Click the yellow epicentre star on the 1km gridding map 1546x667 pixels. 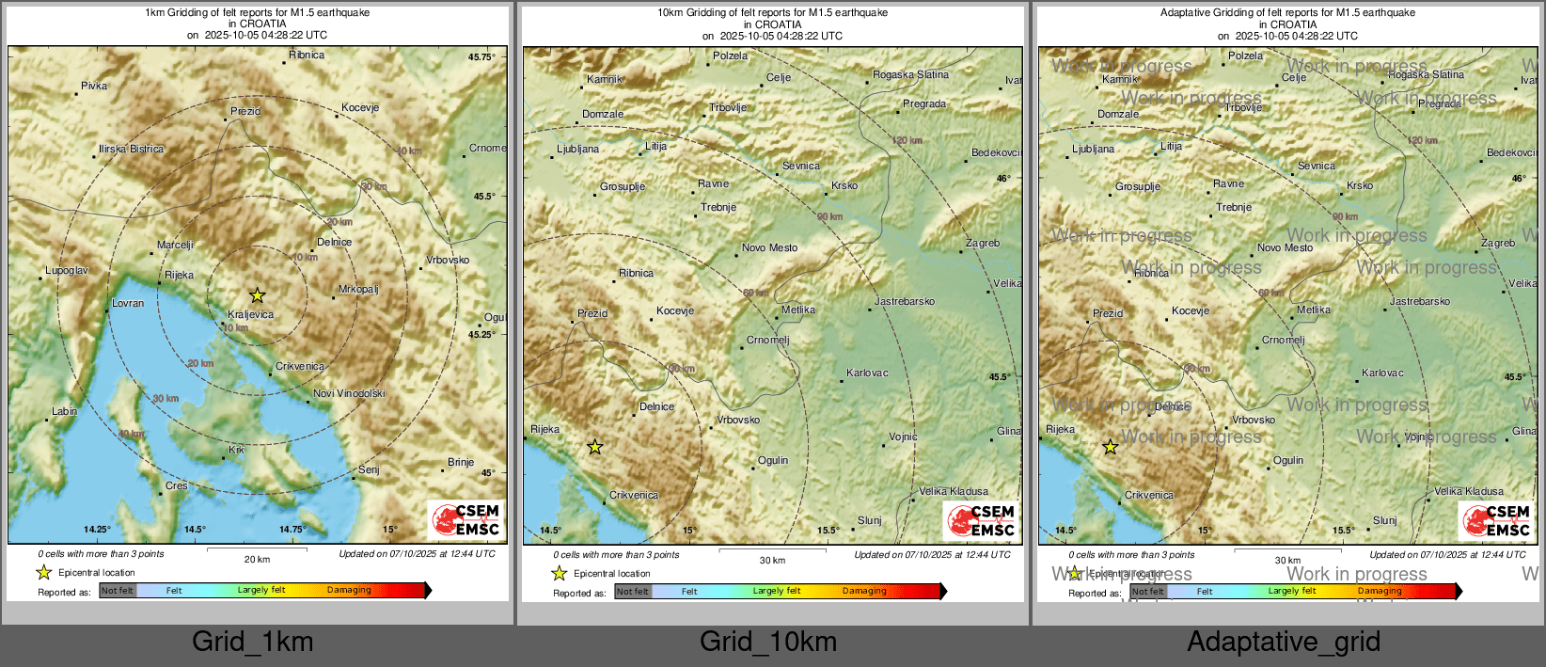pyautogui.click(x=258, y=295)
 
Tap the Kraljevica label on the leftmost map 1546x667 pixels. pyautogui.click(x=251, y=314)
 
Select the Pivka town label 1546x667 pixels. pyautogui.click(x=94, y=86)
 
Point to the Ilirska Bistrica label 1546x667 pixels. pyautogui.click(x=131, y=149)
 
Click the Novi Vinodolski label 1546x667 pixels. pyautogui.click(x=349, y=393)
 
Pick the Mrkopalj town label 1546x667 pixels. pyautogui.click(x=358, y=289)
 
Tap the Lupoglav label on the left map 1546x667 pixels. pyautogui.click(x=67, y=270)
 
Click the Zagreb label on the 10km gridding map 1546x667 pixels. pyautogui.click(x=983, y=243)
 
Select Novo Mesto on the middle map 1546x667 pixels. pyautogui.click(x=769, y=247)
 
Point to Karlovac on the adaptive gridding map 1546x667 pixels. pyautogui.click(x=1382, y=373)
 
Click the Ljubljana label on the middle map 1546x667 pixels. pyautogui.click(x=577, y=149)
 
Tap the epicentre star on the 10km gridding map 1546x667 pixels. pyautogui.click(x=594, y=447)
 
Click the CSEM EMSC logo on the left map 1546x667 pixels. pyautogui.click(x=466, y=519)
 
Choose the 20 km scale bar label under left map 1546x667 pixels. pyautogui.click(x=257, y=559)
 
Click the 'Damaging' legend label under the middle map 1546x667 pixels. pyautogui.click(x=864, y=591)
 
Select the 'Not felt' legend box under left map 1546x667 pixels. pyautogui.click(x=118, y=590)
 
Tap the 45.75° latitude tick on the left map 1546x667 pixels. pyautogui.click(x=481, y=57)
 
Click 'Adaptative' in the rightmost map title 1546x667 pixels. pyautogui.click(x=1188, y=13)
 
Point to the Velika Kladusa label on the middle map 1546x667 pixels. pyautogui.click(x=954, y=491)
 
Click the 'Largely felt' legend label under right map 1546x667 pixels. pyautogui.click(x=1291, y=591)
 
